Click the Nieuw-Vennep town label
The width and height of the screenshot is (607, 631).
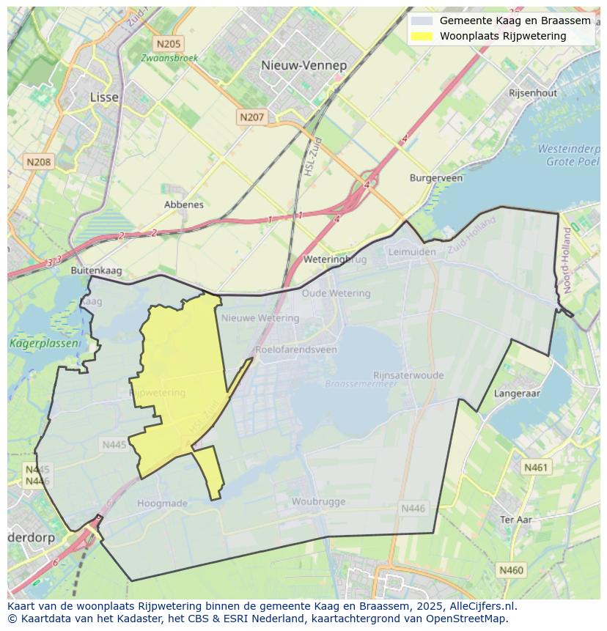[303, 65]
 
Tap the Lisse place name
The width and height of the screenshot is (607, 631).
[103, 97]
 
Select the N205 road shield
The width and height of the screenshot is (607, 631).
[168, 44]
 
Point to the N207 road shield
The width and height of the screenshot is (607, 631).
[251, 117]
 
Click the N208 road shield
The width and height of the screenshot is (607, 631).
[38, 161]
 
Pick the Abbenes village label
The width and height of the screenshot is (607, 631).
[184, 204]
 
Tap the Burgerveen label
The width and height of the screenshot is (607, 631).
[435, 178]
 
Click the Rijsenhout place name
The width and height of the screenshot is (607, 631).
[533, 93]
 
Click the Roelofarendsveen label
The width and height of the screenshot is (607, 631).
[296, 350]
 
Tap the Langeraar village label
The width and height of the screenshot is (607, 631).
[517, 394]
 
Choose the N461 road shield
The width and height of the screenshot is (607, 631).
[536, 467]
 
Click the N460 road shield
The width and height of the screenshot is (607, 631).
[511, 569]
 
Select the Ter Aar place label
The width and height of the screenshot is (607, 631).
[515, 520]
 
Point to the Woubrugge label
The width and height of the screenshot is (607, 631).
[318, 502]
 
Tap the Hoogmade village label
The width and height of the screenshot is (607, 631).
[162, 503]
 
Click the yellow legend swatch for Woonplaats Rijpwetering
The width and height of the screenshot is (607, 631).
[422, 36]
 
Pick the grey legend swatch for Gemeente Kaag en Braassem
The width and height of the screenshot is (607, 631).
[422, 21]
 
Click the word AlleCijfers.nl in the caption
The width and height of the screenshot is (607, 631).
[483, 606]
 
